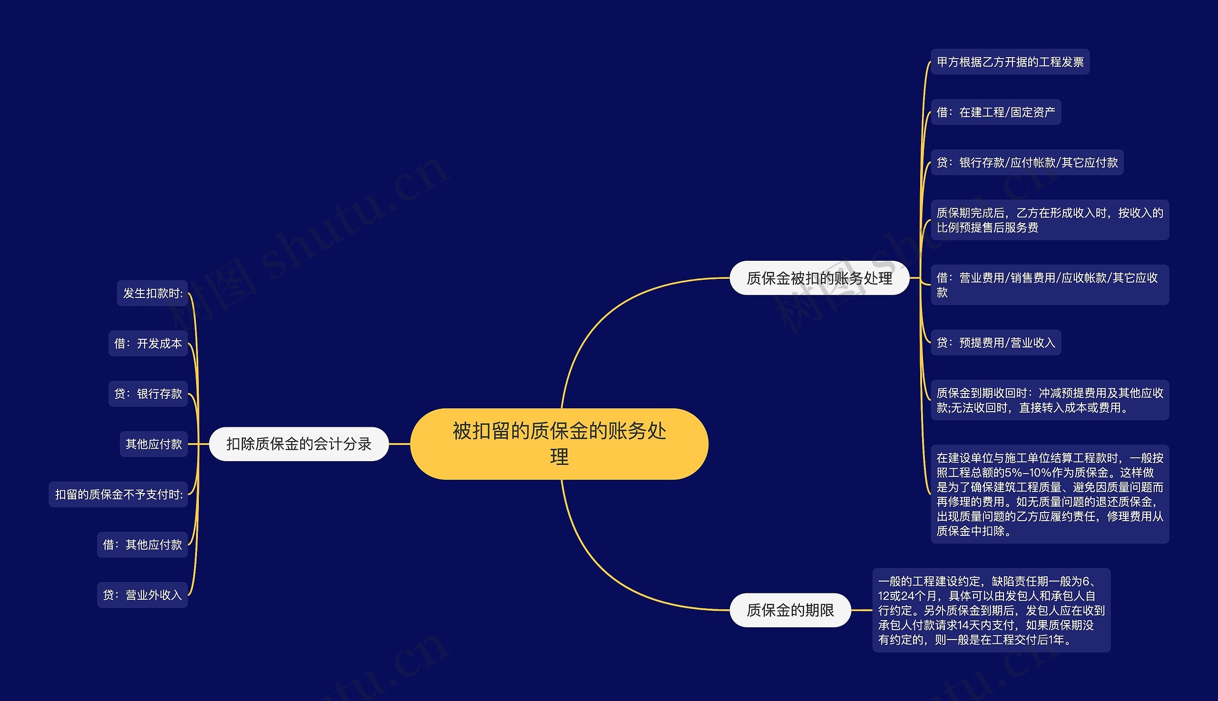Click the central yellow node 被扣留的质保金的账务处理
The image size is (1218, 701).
[x=559, y=444]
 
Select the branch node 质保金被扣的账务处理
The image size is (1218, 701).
[x=819, y=278]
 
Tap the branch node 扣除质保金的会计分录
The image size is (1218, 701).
[x=298, y=444]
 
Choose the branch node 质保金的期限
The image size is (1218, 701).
[x=790, y=610]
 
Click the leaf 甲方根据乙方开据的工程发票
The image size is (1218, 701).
[x=1010, y=61]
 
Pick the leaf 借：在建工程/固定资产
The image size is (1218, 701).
[x=995, y=112]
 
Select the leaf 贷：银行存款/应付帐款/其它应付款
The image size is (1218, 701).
[x=1026, y=162]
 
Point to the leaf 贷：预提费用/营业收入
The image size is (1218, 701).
[x=995, y=342]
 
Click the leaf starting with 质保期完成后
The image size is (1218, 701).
[x=1049, y=220]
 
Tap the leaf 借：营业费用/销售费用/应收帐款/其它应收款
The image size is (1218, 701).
[x=1049, y=285]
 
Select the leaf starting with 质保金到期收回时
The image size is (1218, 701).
[x=1049, y=400]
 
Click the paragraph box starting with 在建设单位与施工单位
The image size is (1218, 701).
[x=1049, y=494]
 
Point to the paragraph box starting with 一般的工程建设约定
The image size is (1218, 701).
[x=991, y=610]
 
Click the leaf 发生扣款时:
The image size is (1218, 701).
[x=152, y=293]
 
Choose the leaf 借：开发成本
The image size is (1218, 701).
[x=148, y=343]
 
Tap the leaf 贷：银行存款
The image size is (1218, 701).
[x=148, y=394]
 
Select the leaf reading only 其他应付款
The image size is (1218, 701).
[x=154, y=444]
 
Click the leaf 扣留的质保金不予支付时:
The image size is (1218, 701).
[x=118, y=494]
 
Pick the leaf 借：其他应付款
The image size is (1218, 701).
[x=142, y=544]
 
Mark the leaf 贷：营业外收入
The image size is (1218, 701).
[x=142, y=594]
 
